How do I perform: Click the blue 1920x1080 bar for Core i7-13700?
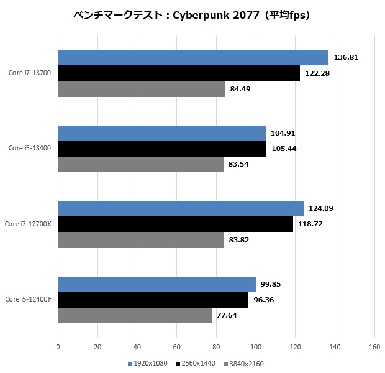pos(193,58)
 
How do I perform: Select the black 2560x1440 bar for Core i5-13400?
pos(162,149)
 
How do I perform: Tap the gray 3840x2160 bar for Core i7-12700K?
pos(141,240)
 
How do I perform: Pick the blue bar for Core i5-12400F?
pos(156,284)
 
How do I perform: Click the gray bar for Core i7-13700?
pos(142,89)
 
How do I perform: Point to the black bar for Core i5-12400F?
pos(153,300)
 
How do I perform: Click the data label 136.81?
pos(346,58)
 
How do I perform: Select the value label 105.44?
pos(284,149)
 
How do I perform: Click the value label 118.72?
pos(310,224)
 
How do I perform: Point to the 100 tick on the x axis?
pos(256,348)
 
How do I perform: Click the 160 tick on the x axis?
pos(374,348)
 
